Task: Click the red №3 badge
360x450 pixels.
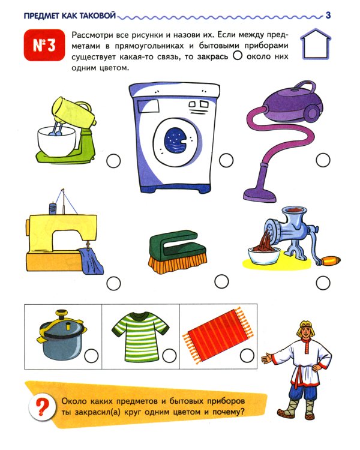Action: (44, 45)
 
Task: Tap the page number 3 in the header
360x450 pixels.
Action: (328, 15)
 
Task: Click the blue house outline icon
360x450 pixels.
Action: (316, 44)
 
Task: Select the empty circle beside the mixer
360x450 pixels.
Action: (113, 161)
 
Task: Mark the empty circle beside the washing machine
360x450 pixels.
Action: (226, 160)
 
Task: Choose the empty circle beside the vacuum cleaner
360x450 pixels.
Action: (323, 160)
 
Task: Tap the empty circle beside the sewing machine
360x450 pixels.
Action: (113, 284)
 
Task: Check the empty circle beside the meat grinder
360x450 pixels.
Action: (323, 283)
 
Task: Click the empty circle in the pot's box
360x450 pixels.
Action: (92, 356)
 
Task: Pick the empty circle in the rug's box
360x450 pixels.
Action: (247, 356)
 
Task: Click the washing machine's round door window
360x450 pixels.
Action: (176, 140)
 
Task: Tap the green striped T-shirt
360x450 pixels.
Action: (140, 336)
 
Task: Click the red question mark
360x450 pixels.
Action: (42, 407)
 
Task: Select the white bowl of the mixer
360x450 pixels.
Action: (57, 141)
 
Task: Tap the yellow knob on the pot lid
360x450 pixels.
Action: (61, 313)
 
